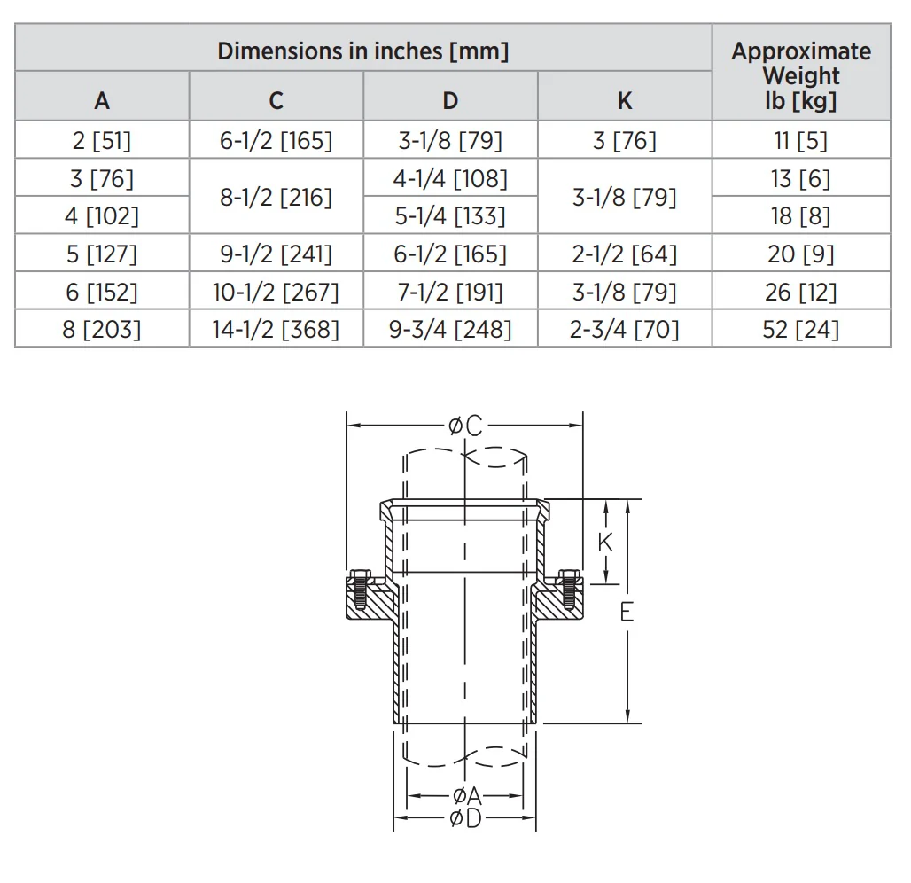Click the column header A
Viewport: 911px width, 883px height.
coord(102,100)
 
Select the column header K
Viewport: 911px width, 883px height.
coord(625,100)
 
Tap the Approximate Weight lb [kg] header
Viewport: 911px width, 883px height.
coord(801,75)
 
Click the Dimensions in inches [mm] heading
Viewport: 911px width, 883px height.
coord(363,51)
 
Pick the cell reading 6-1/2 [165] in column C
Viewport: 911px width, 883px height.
coord(276,140)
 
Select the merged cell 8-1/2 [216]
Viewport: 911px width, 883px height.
coord(276,197)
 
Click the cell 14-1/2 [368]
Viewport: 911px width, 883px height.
coord(276,329)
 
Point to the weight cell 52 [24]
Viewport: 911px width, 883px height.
coord(801,329)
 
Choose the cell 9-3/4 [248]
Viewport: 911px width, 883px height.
coord(450,329)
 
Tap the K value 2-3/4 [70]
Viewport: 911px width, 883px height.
coord(625,329)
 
